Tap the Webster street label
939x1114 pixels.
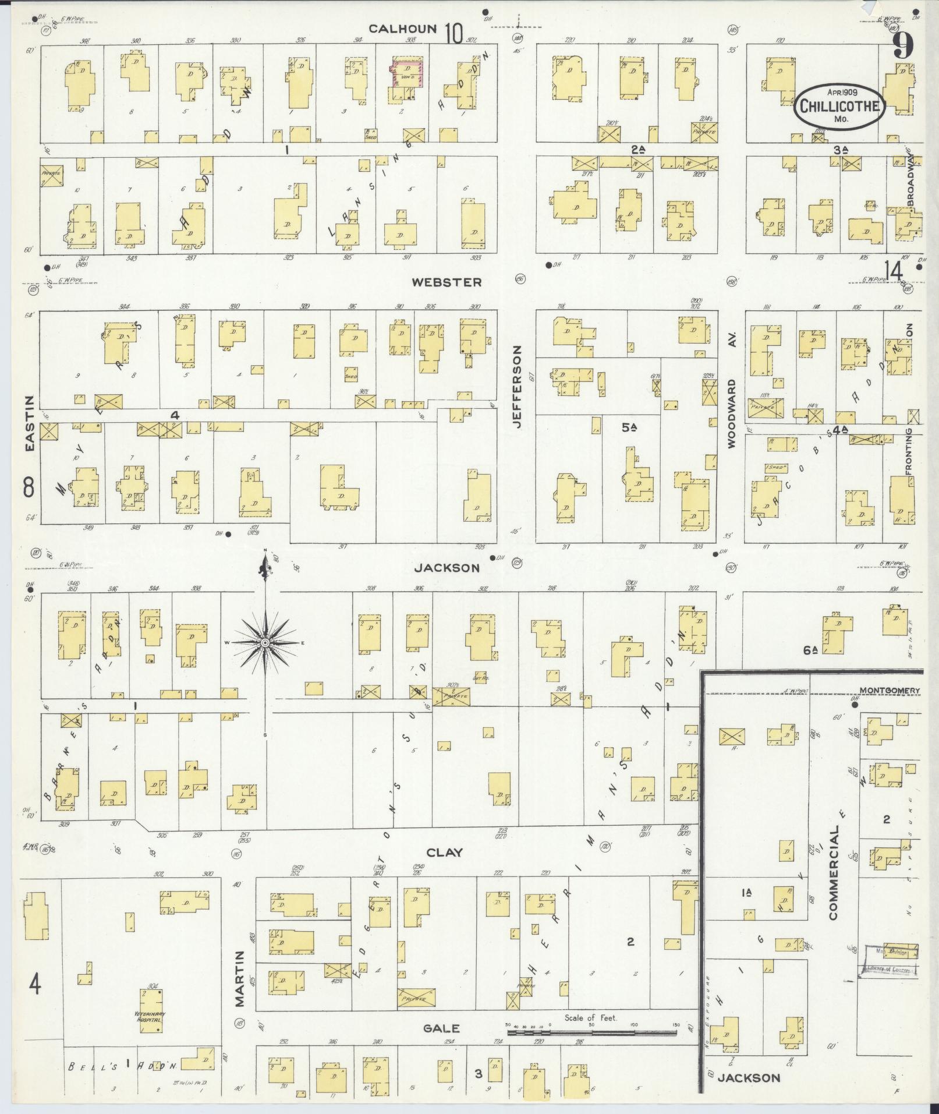447,282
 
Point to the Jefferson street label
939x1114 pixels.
518,387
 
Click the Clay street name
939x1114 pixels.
445,853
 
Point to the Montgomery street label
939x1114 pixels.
890,691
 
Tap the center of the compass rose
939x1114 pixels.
265,642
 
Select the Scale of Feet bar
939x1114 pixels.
591,1032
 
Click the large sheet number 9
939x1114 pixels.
903,45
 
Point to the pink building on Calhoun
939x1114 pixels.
405,74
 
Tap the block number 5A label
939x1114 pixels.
628,428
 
